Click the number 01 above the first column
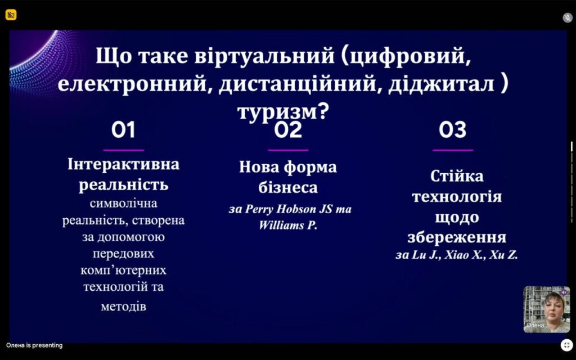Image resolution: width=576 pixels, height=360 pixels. pos(123,130)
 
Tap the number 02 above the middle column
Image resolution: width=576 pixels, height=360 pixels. pos(288,130)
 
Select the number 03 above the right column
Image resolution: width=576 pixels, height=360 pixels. pos(453,130)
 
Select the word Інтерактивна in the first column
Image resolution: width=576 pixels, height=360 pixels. pos(123,164)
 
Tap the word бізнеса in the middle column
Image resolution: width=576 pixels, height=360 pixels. pos(288,187)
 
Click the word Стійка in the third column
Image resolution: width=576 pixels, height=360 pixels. pos(457,176)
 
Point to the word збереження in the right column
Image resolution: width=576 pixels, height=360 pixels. pos(457,237)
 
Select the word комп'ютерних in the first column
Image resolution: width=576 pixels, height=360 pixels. pos(123,270)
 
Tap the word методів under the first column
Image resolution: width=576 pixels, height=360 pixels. pos(123,307)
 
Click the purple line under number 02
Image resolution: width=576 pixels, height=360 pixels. pos(288,150)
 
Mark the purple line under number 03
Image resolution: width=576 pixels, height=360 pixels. pos(453,150)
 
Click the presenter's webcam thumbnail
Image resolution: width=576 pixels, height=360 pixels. pos(547,309)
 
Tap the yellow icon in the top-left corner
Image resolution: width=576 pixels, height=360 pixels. pos(11,15)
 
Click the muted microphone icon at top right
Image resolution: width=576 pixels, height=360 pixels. pos(568,17)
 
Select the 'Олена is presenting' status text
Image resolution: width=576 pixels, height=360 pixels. pos(34,345)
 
